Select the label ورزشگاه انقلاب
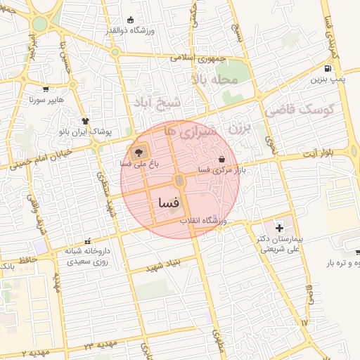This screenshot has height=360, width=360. tap(204, 221)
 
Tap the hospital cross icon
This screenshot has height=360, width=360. tap(281, 228)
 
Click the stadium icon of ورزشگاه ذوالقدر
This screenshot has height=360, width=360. tap(129, 20)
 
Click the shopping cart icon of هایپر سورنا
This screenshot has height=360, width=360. tap(46, 89)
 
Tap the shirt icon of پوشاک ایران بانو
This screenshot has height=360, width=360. tap(84, 120)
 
